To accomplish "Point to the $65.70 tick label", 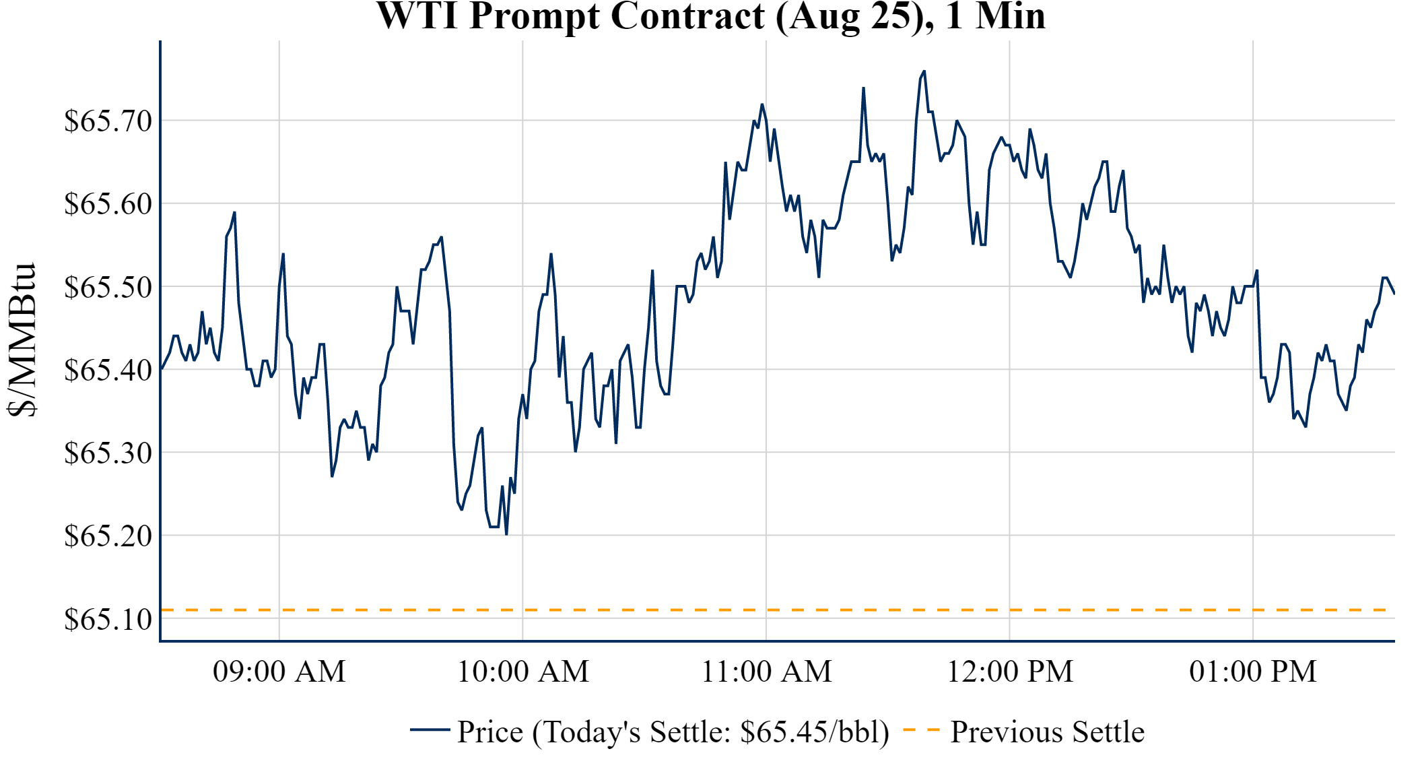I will click(x=108, y=121).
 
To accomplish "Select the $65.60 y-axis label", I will click(x=108, y=204).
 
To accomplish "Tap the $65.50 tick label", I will click(x=108, y=287).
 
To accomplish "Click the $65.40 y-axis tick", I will click(x=108, y=370).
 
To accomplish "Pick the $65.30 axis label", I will click(x=108, y=453).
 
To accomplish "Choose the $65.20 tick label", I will click(x=108, y=536).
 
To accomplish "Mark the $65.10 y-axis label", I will click(x=108, y=619).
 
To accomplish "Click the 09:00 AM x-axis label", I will click(x=279, y=672).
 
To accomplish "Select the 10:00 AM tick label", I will click(x=523, y=672).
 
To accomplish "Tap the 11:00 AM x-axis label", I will click(x=766, y=672).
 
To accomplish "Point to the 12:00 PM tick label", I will click(x=1010, y=672).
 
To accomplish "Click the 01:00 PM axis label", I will click(x=1253, y=672).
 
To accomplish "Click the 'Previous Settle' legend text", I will click(x=1047, y=732).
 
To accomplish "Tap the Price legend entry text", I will click(x=673, y=732).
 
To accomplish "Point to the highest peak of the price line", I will click(x=924, y=71).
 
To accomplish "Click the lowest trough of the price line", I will click(x=506, y=534).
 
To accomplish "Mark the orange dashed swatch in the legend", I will click(x=921, y=730).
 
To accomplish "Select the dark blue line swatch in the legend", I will click(x=430, y=730).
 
